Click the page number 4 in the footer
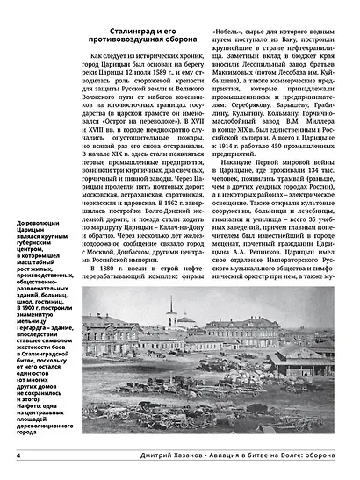coord(18,455)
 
